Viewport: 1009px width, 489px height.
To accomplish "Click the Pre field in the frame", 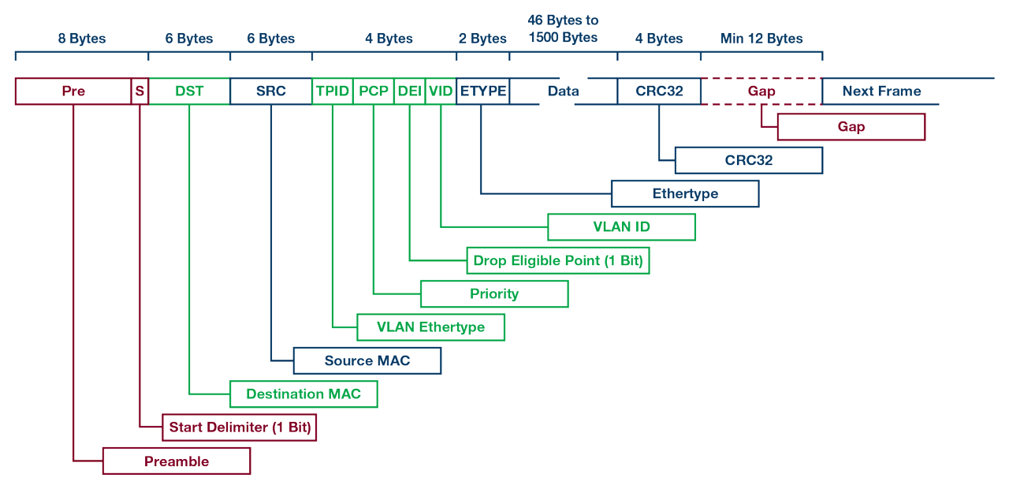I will [x=73, y=91].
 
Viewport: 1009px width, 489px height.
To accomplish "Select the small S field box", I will [x=140, y=91].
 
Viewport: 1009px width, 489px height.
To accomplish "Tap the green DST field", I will [x=189, y=91].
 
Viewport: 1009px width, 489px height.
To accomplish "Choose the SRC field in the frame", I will [x=271, y=91].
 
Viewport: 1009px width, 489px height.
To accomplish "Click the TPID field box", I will [x=333, y=91].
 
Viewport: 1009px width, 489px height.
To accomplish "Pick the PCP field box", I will [x=374, y=91].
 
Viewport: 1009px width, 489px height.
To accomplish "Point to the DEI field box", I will [x=410, y=91].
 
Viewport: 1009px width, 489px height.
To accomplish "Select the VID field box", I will [x=441, y=91].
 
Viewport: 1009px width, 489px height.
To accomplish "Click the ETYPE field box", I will [x=482, y=91].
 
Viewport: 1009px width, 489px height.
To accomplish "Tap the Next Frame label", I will [x=881, y=91].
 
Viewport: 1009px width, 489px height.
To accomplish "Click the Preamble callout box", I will [x=177, y=461].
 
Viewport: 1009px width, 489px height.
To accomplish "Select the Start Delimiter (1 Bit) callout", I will [x=240, y=428].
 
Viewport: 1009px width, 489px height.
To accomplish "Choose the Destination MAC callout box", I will [x=303, y=394].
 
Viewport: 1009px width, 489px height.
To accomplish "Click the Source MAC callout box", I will [x=367, y=361].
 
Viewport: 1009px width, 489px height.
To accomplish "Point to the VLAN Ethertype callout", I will [x=430, y=327].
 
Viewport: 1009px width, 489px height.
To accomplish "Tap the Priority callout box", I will [x=494, y=294].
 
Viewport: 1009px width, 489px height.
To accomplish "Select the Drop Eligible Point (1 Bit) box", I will [x=558, y=260].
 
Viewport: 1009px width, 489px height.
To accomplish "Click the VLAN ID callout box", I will [x=621, y=227].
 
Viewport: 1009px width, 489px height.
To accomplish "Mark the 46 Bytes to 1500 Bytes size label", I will [x=563, y=29].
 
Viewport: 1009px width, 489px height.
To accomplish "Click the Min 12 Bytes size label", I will [x=761, y=39].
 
